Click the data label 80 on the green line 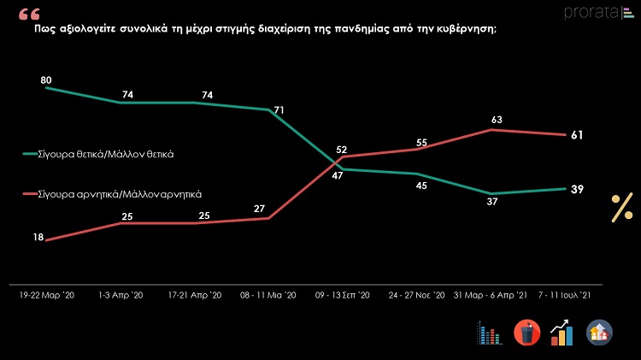click(47, 80)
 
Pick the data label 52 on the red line click(341, 150)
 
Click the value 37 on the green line click(490, 202)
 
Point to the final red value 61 click(577, 135)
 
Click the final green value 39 click(577, 189)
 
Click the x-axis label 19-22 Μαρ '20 click(47, 295)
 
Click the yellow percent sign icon click(621, 208)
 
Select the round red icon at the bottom click(526, 333)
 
